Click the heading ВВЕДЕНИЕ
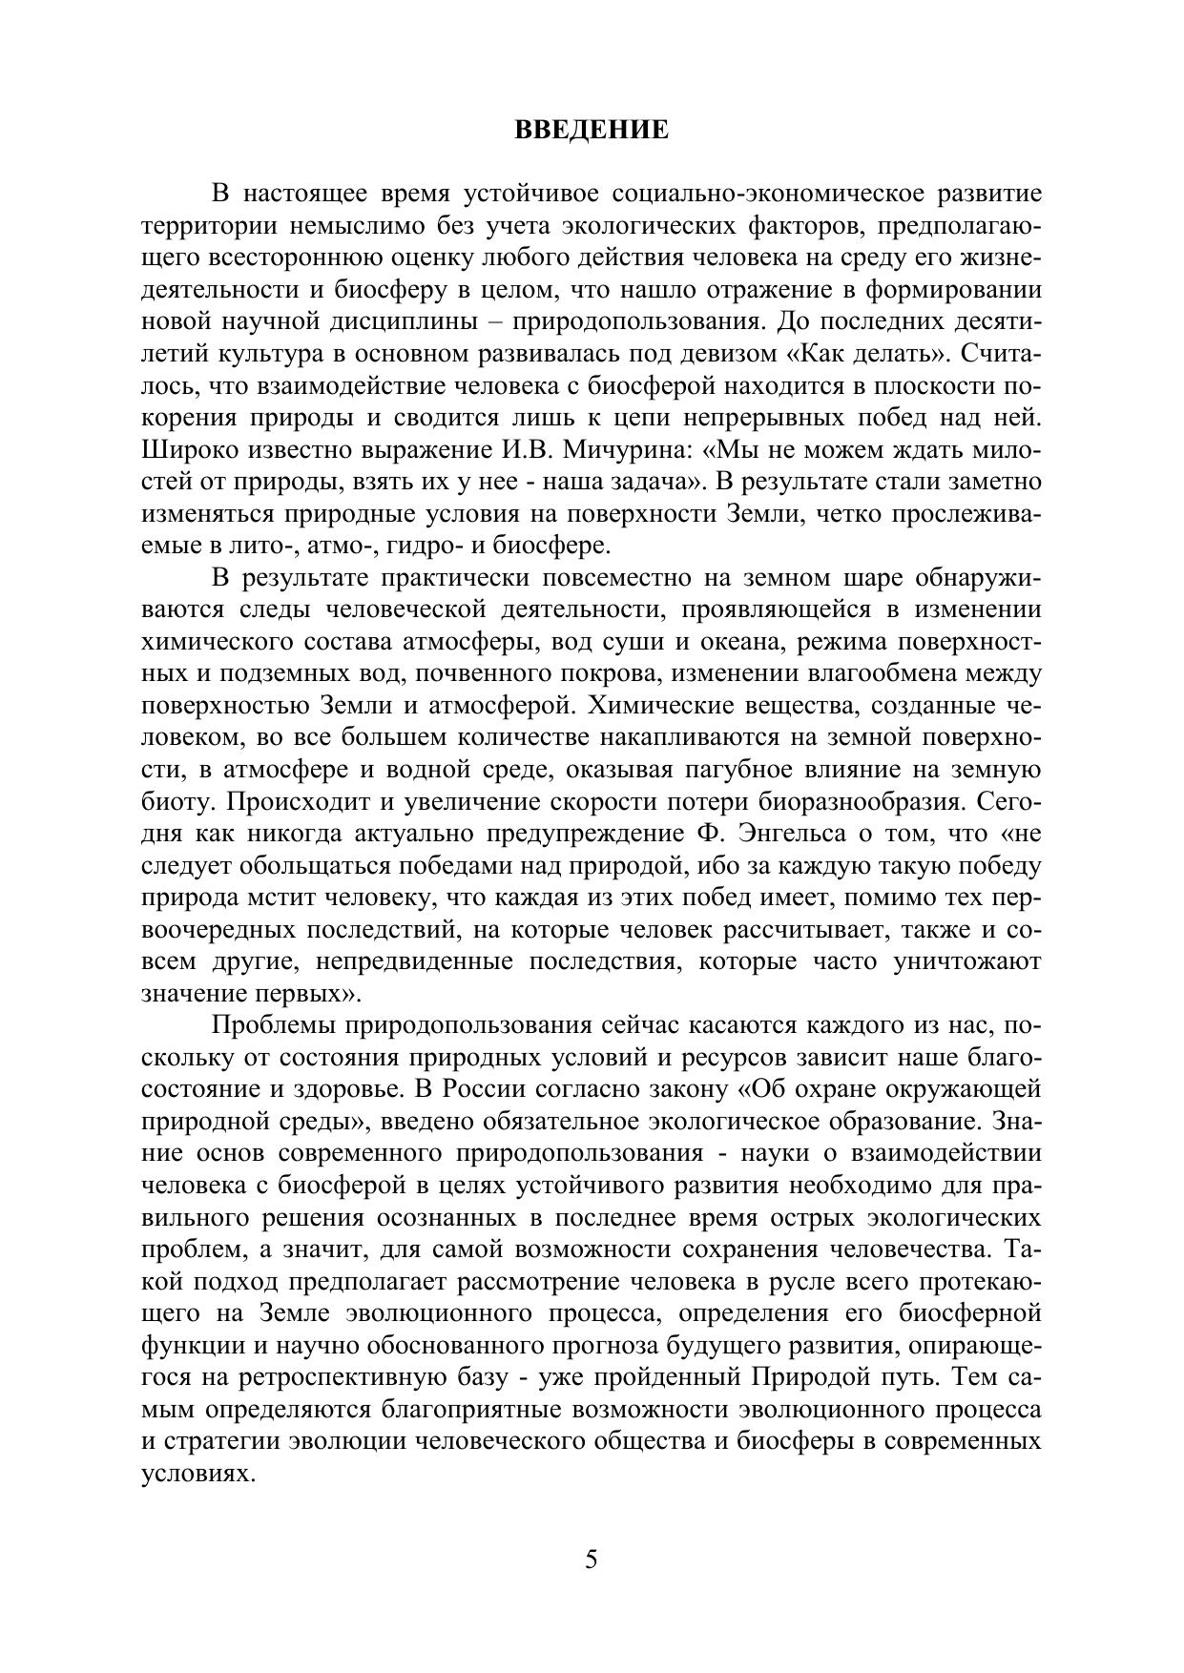592,130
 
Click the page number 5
592,1560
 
